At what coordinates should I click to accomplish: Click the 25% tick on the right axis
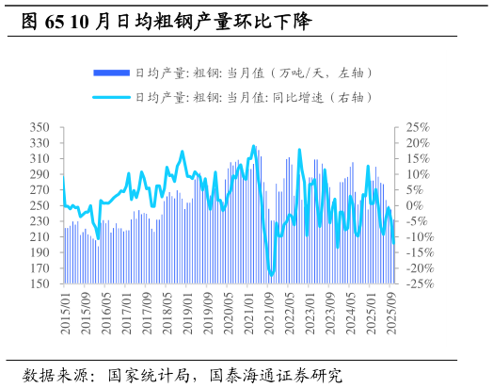pyautogui.click(x=418, y=127)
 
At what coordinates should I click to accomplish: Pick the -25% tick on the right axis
pyautogui.click(x=416, y=283)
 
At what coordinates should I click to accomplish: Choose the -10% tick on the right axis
pyautogui.click(x=416, y=236)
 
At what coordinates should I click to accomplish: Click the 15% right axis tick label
pyautogui.click(x=418, y=158)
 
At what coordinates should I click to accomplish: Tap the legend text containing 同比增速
pyautogui.click(x=254, y=97)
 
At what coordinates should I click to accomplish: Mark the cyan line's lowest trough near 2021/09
pyautogui.click(x=271, y=274)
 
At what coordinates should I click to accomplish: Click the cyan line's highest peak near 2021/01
pyautogui.click(x=253, y=146)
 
